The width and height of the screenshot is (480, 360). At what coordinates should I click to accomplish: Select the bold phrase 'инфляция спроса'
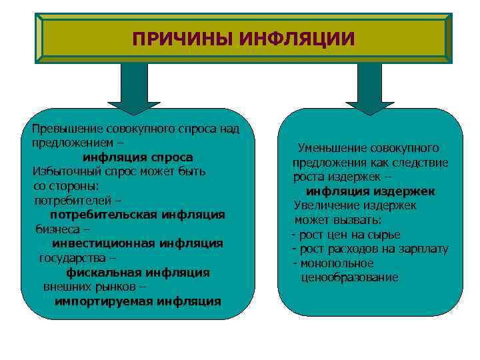pyautogui.click(x=137, y=157)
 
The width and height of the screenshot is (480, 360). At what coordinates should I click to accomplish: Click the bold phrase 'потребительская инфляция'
pyautogui.click(x=137, y=215)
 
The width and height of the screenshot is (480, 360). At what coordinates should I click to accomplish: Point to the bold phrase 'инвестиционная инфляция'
pyautogui.click(x=137, y=243)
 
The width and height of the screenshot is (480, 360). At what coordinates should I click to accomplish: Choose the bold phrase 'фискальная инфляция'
pyautogui.click(x=137, y=272)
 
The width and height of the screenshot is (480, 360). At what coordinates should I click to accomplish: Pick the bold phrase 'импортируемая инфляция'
pyautogui.click(x=137, y=301)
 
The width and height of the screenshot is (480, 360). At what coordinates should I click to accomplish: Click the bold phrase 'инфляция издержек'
pyautogui.click(x=366, y=191)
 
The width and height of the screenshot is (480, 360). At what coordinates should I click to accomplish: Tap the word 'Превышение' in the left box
pyautogui.click(x=62, y=128)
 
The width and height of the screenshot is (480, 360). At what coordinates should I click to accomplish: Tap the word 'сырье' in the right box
pyautogui.click(x=385, y=234)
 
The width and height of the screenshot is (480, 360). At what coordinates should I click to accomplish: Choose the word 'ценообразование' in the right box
pyautogui.click(x=349, y=277)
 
